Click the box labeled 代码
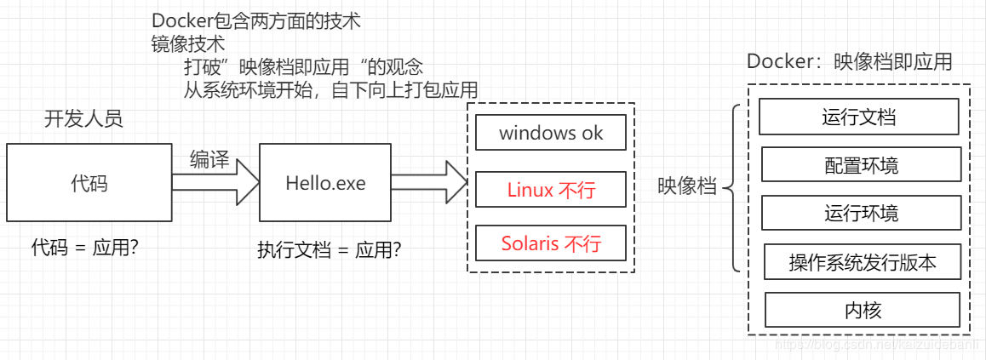pos(89,182)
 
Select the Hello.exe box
pos(324,182)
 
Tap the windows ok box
pos(551,133)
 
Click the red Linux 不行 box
pos(551,190)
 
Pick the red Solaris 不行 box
pos(551,243)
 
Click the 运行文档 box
pos(858,117)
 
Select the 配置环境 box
pos(861,164)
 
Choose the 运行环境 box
pos(861,213)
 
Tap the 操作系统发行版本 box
pos(863,262)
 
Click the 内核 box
pos(863,310)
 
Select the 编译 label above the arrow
pos(209,159)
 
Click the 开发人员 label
pos(83,118)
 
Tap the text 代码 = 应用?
pos(85,248)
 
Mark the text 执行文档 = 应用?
pos(330,250)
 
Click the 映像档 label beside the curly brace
pos(686,187)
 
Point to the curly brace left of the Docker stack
pos(732,188)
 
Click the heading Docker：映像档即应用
pos(849,62)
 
